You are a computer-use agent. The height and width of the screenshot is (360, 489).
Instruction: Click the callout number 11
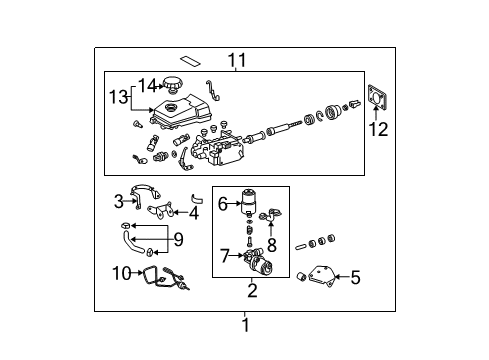(x=237, y=60)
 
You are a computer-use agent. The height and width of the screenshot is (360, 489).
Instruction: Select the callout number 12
(x=378, y=129)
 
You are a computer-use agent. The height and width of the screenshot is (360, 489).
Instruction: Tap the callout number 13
(x=119, y=97)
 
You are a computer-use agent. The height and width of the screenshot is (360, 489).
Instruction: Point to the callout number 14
(x=147, y=85)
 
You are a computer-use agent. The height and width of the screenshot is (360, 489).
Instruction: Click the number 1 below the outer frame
(x=246, y=325)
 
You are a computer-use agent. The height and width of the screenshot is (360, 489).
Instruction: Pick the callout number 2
(x=252, y=290)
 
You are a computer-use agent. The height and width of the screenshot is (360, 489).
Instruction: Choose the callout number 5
(x=355, y=277)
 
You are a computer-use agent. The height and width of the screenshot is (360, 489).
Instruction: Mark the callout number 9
(x=178, y=239)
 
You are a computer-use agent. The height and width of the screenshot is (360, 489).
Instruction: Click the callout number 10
(x=122, y=273)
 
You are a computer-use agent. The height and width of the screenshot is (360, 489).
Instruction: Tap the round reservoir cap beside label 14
(x=172, y=84)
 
